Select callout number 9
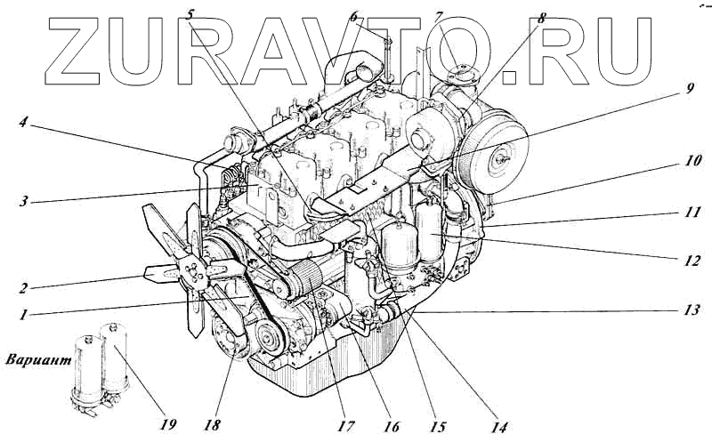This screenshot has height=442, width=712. point(689,88)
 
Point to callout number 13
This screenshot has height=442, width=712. point(692,309)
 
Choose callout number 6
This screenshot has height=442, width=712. point(353,16)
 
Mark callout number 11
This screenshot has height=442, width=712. point(692,212)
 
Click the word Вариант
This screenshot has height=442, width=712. point(39,361)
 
